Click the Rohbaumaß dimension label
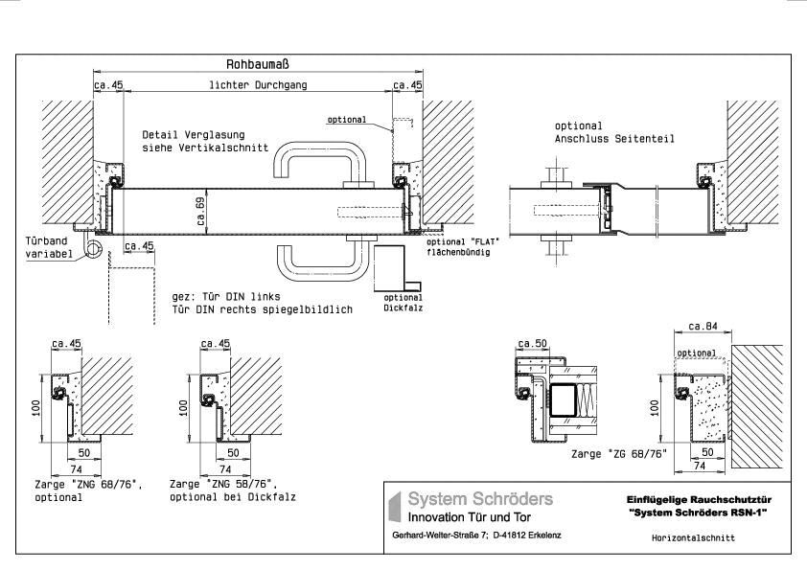point(257,64)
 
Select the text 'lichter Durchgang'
point(257,85)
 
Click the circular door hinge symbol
point(95,249)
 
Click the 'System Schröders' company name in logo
point(479,499)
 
